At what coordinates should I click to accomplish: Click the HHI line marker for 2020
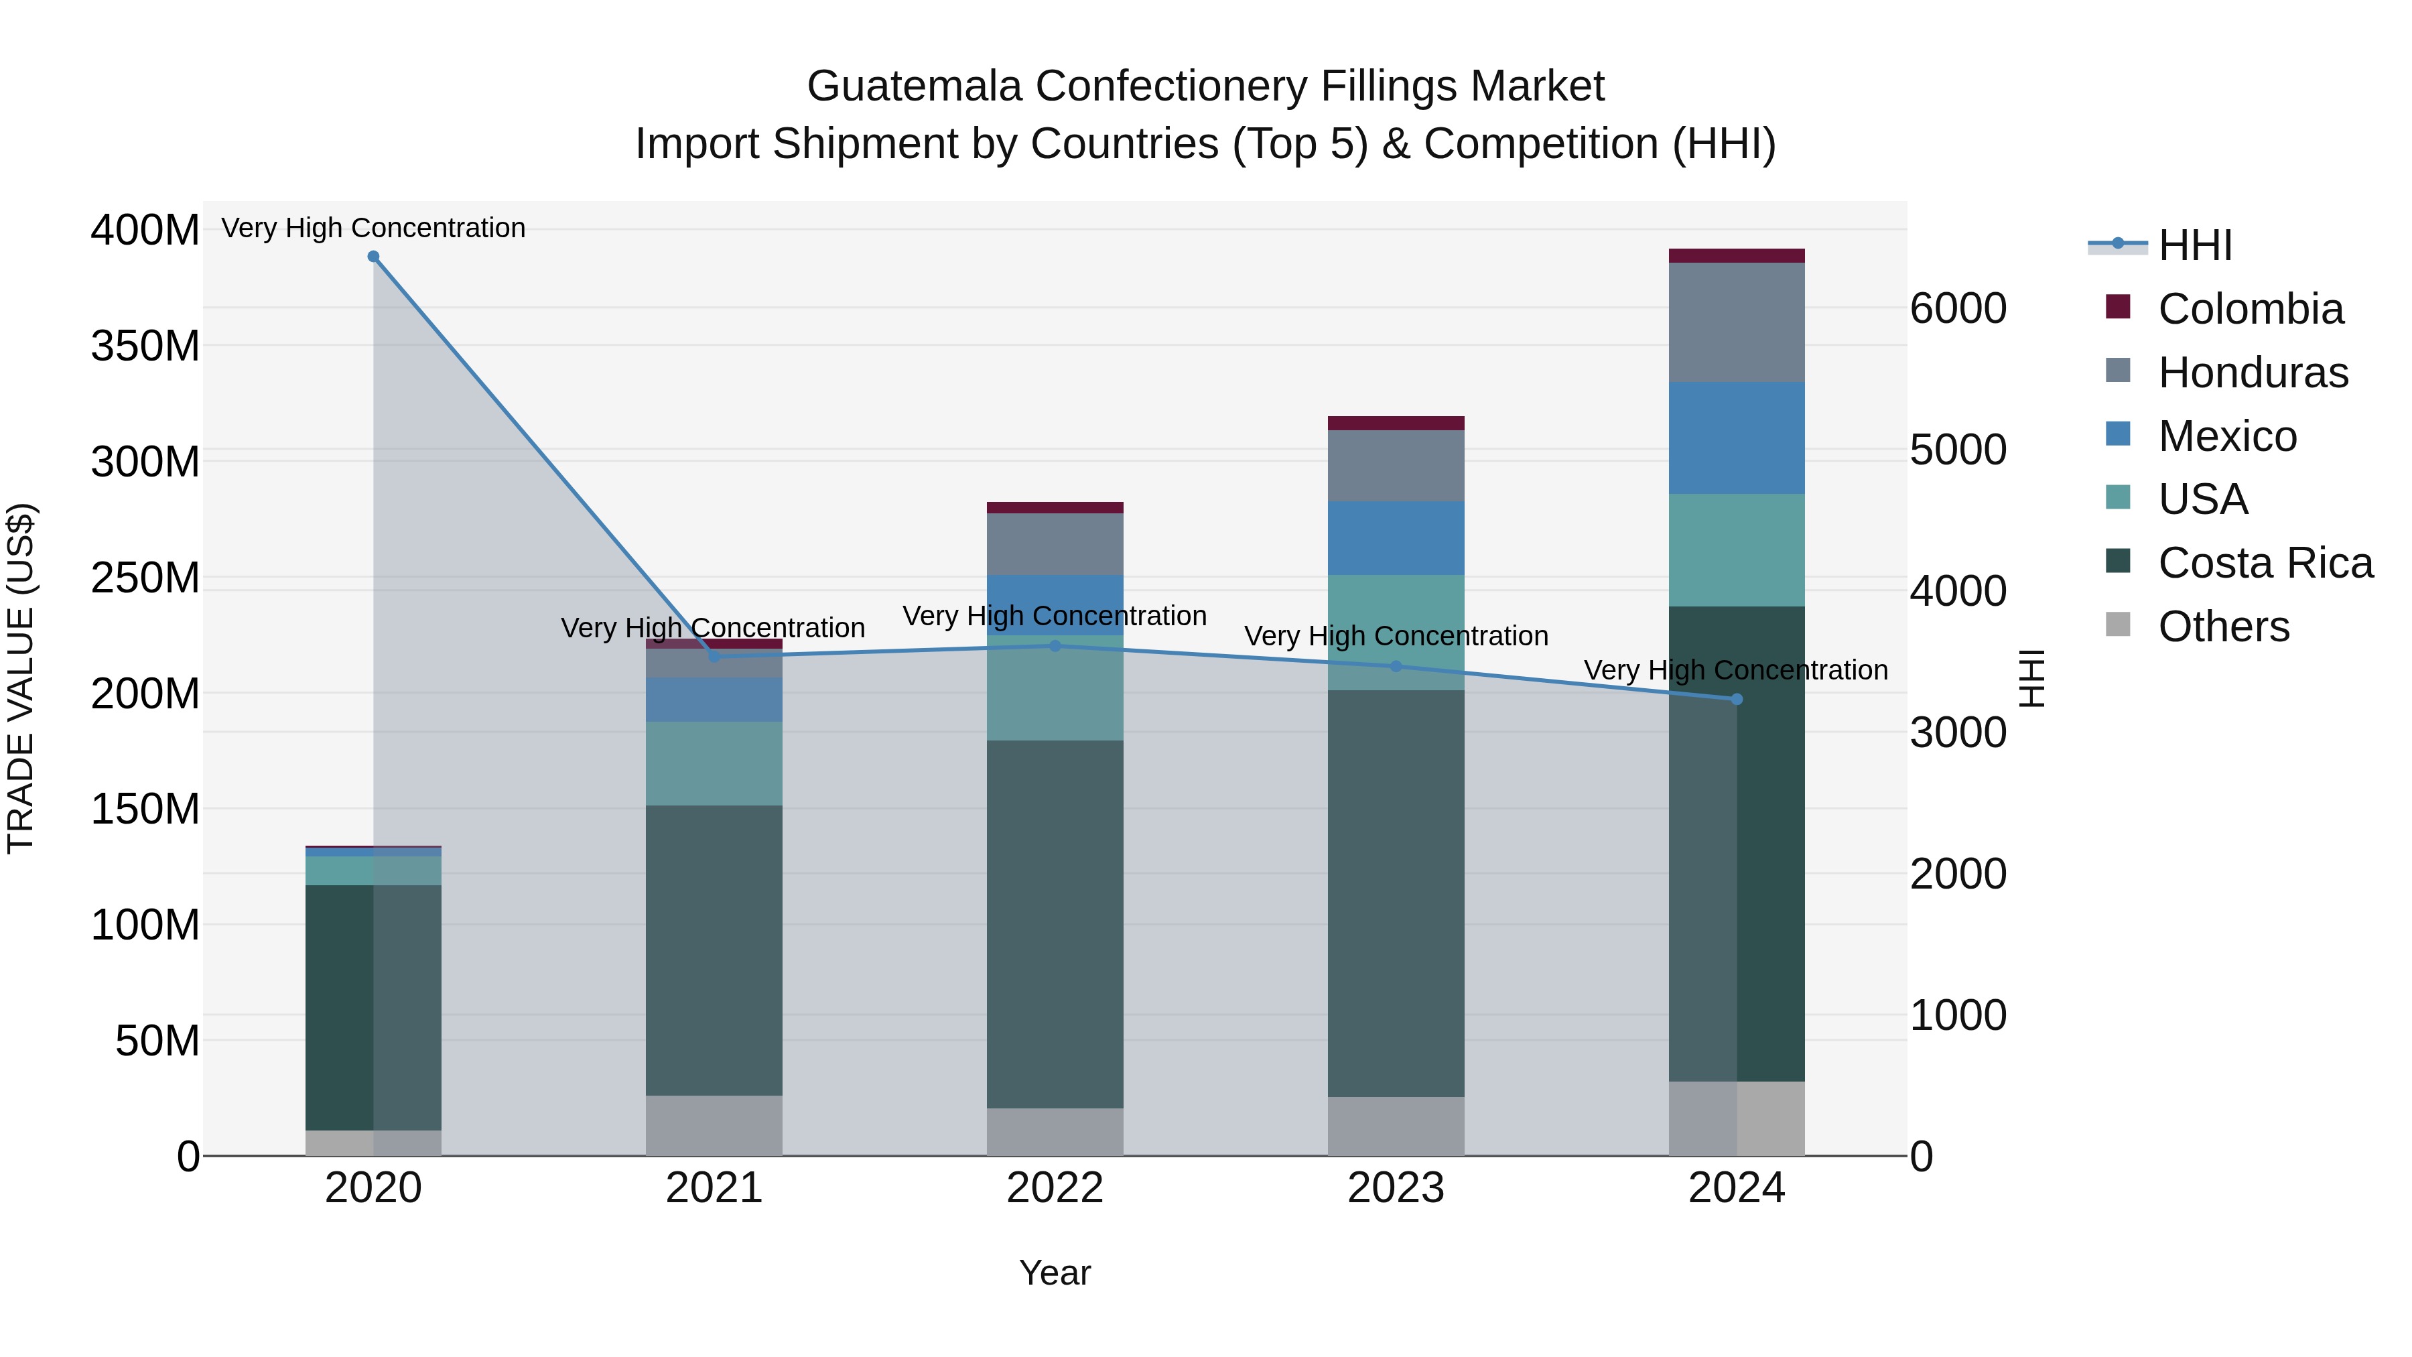click(374, 257)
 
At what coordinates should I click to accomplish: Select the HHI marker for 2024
click(1737, 700)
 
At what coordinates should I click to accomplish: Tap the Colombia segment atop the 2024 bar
click(1737, 256)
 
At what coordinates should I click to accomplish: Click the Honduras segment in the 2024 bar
click(1737, 322)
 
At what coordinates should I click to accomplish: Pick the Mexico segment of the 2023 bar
click(1396, 539)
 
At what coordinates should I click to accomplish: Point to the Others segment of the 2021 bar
click(714, 1126)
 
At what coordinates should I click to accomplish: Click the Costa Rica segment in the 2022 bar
click(1055, 924)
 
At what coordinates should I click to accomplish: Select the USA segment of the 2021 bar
click(714, 763)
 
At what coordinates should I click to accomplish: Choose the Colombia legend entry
click(2250, 309)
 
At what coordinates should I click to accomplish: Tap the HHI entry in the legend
click(2195, 245)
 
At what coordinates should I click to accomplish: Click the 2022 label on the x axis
click(1055, 1188)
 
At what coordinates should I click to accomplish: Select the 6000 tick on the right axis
click(1958, 308)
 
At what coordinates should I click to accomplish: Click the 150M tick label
click(145, 809)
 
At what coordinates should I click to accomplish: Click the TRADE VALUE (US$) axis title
click(21, 678)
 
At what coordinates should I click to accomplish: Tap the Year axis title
click(1055, 1273)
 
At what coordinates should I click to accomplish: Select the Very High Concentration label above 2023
click(1396, 636)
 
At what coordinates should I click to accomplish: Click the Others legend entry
click(2223, 627)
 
